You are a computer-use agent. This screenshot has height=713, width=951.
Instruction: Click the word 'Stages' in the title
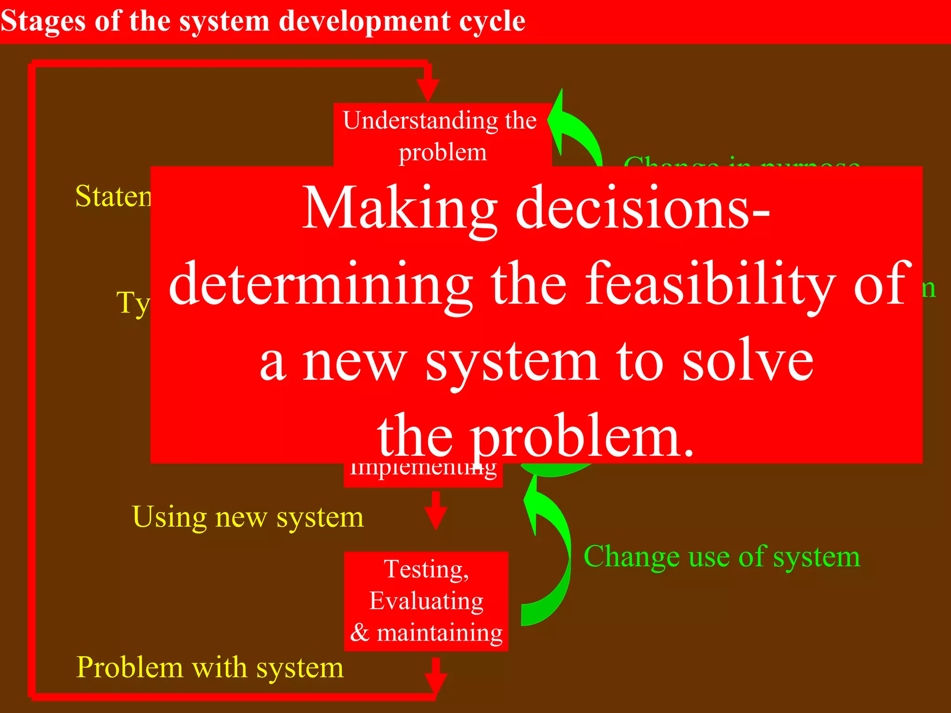point(43,22)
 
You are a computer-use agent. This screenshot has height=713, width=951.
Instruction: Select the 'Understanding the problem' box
point(442,135)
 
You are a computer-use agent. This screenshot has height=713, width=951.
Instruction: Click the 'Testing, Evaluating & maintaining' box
point(426,601)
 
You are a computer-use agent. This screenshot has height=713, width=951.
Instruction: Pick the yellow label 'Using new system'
point(248,517)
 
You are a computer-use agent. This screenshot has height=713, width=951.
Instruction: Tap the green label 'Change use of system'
point(722,557)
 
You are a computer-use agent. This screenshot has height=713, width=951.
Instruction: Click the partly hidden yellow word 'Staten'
point(113,196)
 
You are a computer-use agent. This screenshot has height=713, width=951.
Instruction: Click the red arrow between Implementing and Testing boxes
point(436,511)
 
